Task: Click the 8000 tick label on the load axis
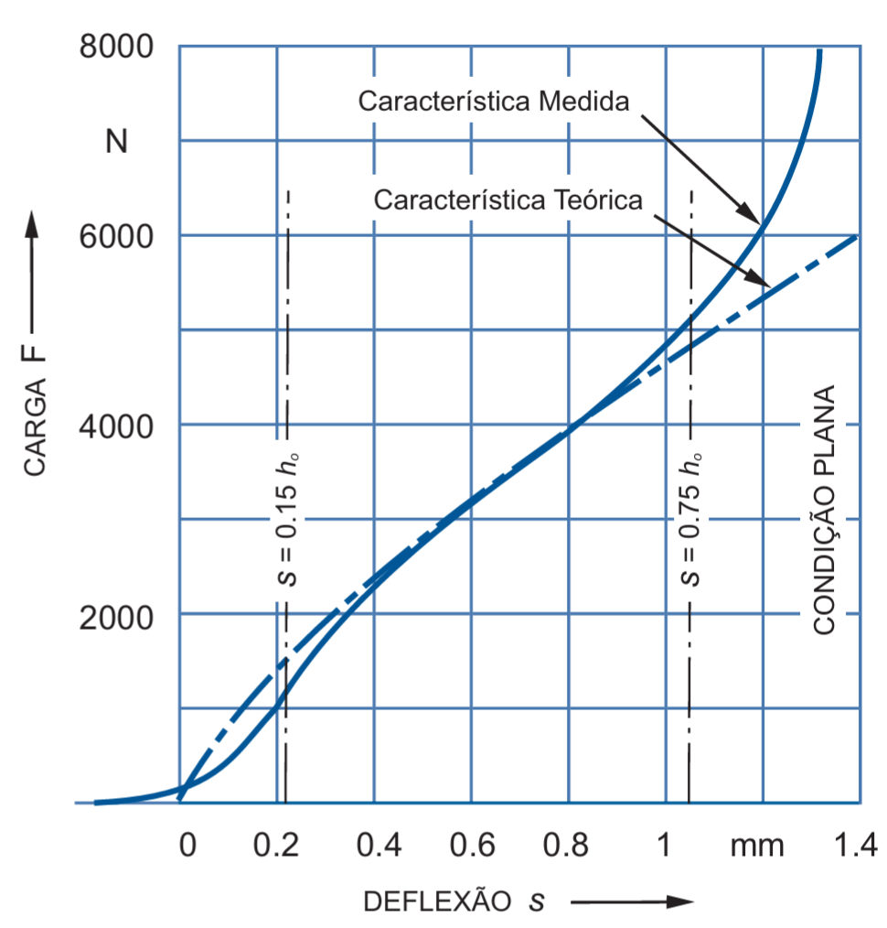tap(116, 46)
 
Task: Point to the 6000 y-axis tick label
tap(116, 237)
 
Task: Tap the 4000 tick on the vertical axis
tap(116, 426)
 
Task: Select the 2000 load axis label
tap(116, 618)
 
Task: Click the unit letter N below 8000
tap(116, 142)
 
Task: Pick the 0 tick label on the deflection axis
tap(187, 845)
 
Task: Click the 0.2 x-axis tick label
tap(276, 845)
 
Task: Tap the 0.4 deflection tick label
tap(379, 845)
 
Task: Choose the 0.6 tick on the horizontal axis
tap(473, 845)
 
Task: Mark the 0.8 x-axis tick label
tap(566, 845)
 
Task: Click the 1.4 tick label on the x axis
tap(856, 845)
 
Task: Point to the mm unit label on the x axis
tap(757, 847)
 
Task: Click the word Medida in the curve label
tap(583, 102)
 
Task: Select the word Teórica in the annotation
tap(598, 200)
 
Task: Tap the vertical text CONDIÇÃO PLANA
tap(824, 510)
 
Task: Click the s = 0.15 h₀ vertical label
tap(287, 520)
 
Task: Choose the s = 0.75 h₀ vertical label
tap(690, 520)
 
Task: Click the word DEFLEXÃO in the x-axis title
tap(438, 901)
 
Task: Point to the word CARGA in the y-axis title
tap(35, 428)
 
